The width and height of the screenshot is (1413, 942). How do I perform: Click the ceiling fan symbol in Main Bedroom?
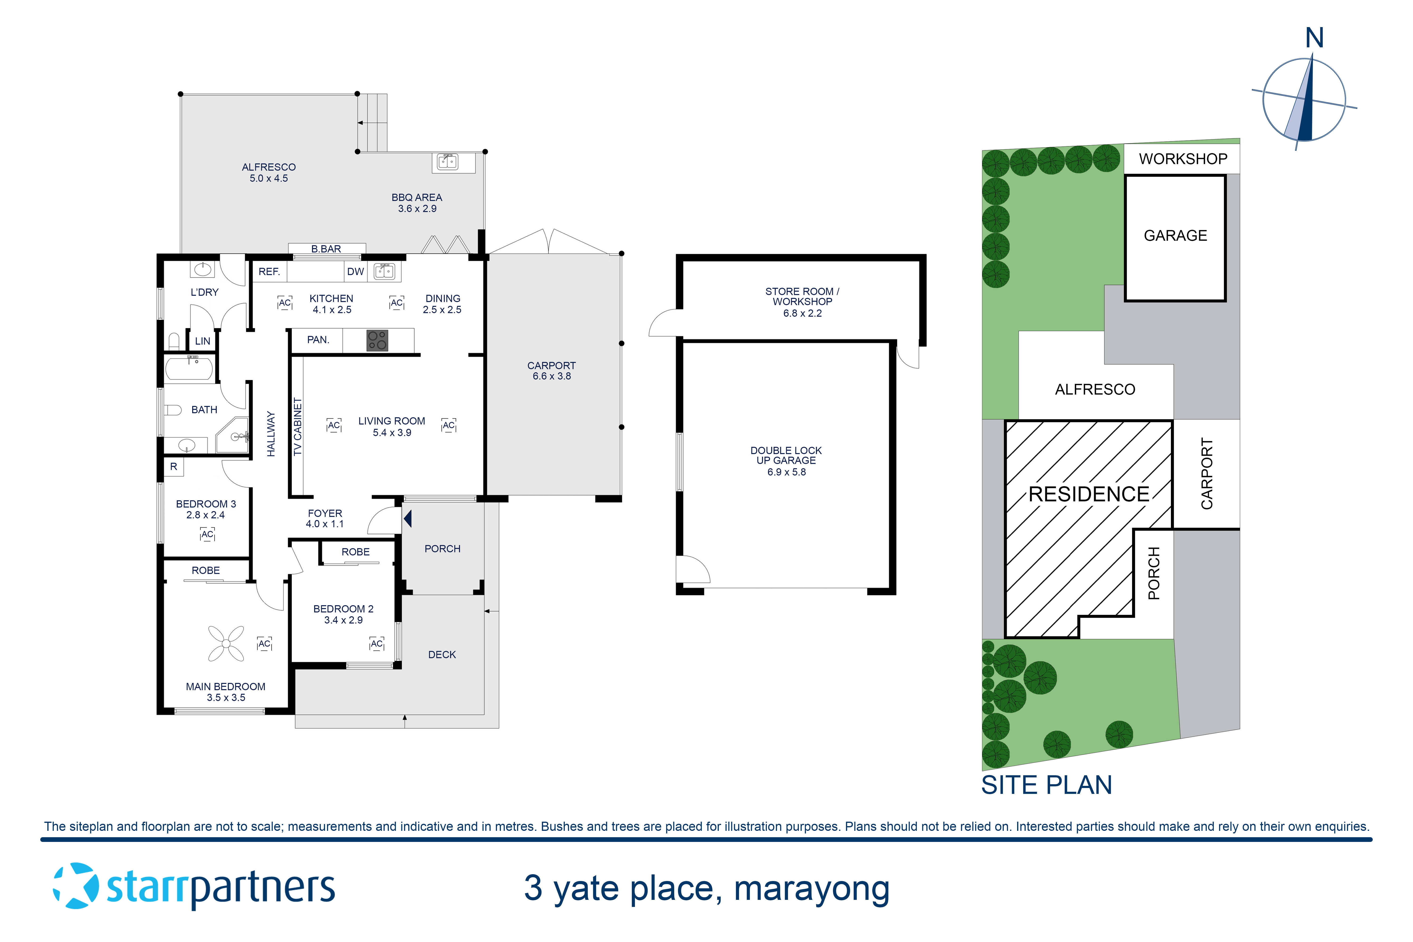click(x=226, y=643)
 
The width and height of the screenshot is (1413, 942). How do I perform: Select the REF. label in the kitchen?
click(x=269, y=272)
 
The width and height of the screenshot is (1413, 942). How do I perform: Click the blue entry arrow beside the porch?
click(x=408, y=519)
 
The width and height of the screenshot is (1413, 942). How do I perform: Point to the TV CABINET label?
click(x=297, y=426)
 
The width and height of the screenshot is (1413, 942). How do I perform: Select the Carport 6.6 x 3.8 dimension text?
click(x=552, y=376)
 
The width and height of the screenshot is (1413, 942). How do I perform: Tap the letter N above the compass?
click(x=1315, y=38)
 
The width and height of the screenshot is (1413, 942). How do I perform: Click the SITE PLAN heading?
click(x=1047, y=785)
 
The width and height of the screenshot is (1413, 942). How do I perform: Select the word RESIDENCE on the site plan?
click(x=1088, y=494)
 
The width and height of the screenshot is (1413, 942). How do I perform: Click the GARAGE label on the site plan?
click(x=1175, y=235)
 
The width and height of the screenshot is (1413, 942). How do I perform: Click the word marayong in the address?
click(x=812, y=889)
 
